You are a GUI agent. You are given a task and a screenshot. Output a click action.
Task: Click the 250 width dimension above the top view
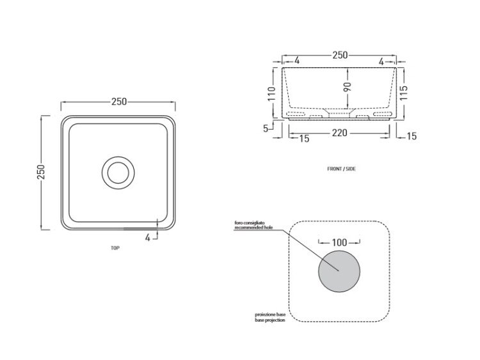119,102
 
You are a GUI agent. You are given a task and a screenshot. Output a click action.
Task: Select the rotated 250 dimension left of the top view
41,172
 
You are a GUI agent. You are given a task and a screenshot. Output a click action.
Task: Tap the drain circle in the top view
118,173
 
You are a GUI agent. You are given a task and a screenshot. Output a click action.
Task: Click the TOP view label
115,248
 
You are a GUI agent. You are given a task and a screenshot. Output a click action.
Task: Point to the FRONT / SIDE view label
342,169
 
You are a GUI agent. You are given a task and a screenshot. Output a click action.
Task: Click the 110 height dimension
271,93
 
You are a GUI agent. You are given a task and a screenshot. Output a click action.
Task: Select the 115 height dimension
403,93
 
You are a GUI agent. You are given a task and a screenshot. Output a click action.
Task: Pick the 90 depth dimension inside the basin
348,87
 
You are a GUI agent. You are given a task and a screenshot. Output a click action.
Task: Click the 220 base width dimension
339,133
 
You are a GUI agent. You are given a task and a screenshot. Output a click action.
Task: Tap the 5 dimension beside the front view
266,129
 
